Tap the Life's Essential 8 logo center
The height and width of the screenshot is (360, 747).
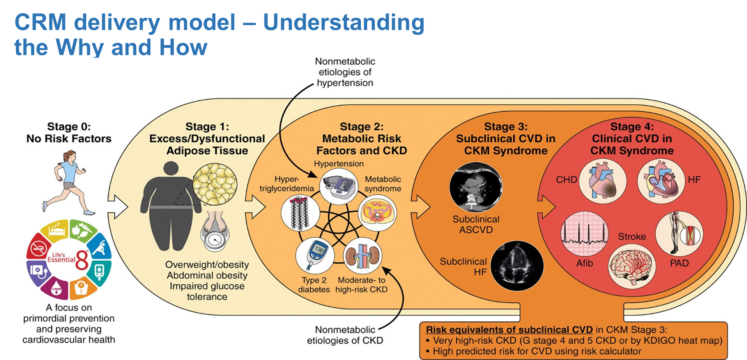pos(69,260)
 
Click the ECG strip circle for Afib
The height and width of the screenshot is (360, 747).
pos(584,234)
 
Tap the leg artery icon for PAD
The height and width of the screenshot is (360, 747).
pos(679,233)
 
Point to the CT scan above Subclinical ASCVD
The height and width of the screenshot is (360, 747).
pos(475,188)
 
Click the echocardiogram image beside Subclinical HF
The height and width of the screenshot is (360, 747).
pos(517,265)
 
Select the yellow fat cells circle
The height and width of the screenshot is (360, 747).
pos(215,184)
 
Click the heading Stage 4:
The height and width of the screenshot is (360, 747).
pos(632,127)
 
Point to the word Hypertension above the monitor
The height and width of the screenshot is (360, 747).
pos(338,163)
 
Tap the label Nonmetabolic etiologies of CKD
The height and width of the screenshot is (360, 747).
pos(345,335)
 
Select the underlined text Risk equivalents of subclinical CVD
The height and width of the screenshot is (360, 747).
pos(509,330)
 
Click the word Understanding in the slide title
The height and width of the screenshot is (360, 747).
pos(343,22)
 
